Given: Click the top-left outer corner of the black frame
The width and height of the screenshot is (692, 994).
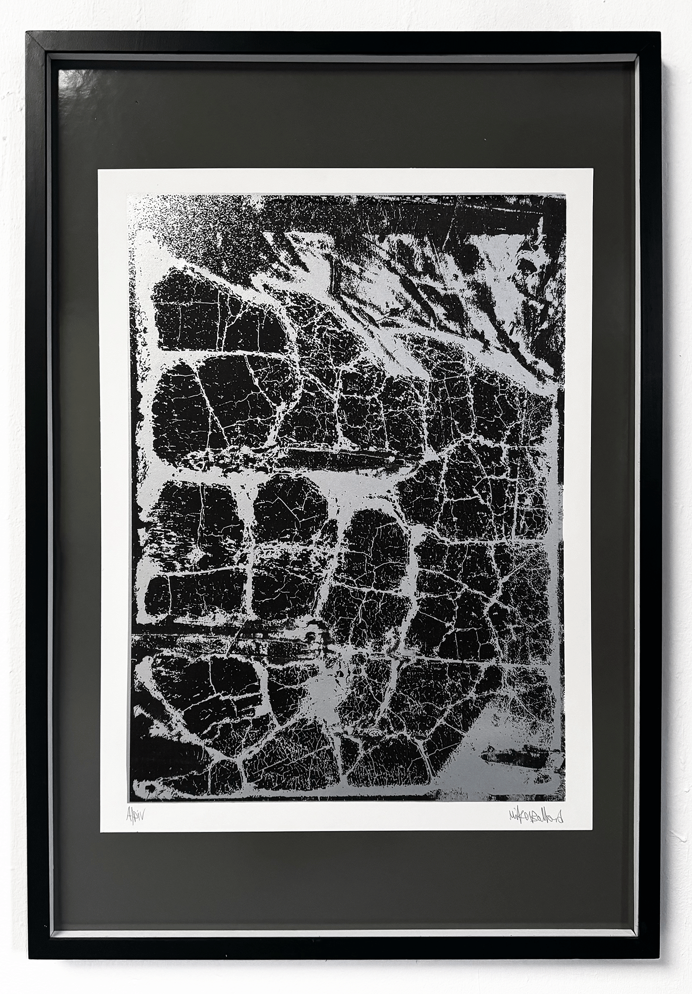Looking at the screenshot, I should [26, 33].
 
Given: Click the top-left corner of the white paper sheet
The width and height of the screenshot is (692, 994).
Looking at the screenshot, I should [98, 169].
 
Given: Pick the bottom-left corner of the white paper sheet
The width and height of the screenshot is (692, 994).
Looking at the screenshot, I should [101, 832].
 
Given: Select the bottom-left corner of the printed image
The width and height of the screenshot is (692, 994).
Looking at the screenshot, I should [129, 801].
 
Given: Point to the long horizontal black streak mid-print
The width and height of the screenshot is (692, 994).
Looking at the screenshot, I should [337, 459].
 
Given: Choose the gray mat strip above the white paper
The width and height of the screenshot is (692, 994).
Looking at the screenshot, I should [342, 117].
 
